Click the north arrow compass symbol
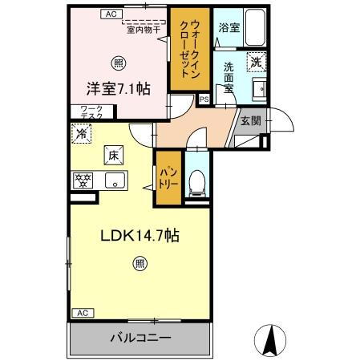271,338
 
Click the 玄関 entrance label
249,121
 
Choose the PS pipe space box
204,100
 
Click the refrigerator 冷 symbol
80,133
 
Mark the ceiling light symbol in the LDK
140,262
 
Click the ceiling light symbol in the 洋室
119,62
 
